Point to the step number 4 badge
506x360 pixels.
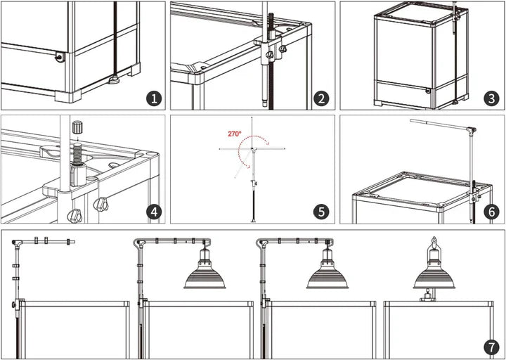154,212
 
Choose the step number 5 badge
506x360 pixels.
321,212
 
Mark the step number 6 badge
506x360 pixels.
491,212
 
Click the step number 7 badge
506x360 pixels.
491,348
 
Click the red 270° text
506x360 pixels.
235,134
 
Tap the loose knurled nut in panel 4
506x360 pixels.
77,127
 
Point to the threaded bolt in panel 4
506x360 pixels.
77,154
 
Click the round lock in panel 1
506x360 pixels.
59,58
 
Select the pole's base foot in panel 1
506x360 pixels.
115,79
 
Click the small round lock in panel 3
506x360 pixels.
428,91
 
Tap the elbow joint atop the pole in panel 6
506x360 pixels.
472,131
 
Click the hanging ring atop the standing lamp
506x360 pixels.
434,240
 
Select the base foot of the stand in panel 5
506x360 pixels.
253,221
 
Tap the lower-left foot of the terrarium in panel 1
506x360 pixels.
68,96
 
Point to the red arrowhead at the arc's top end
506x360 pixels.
267,141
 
